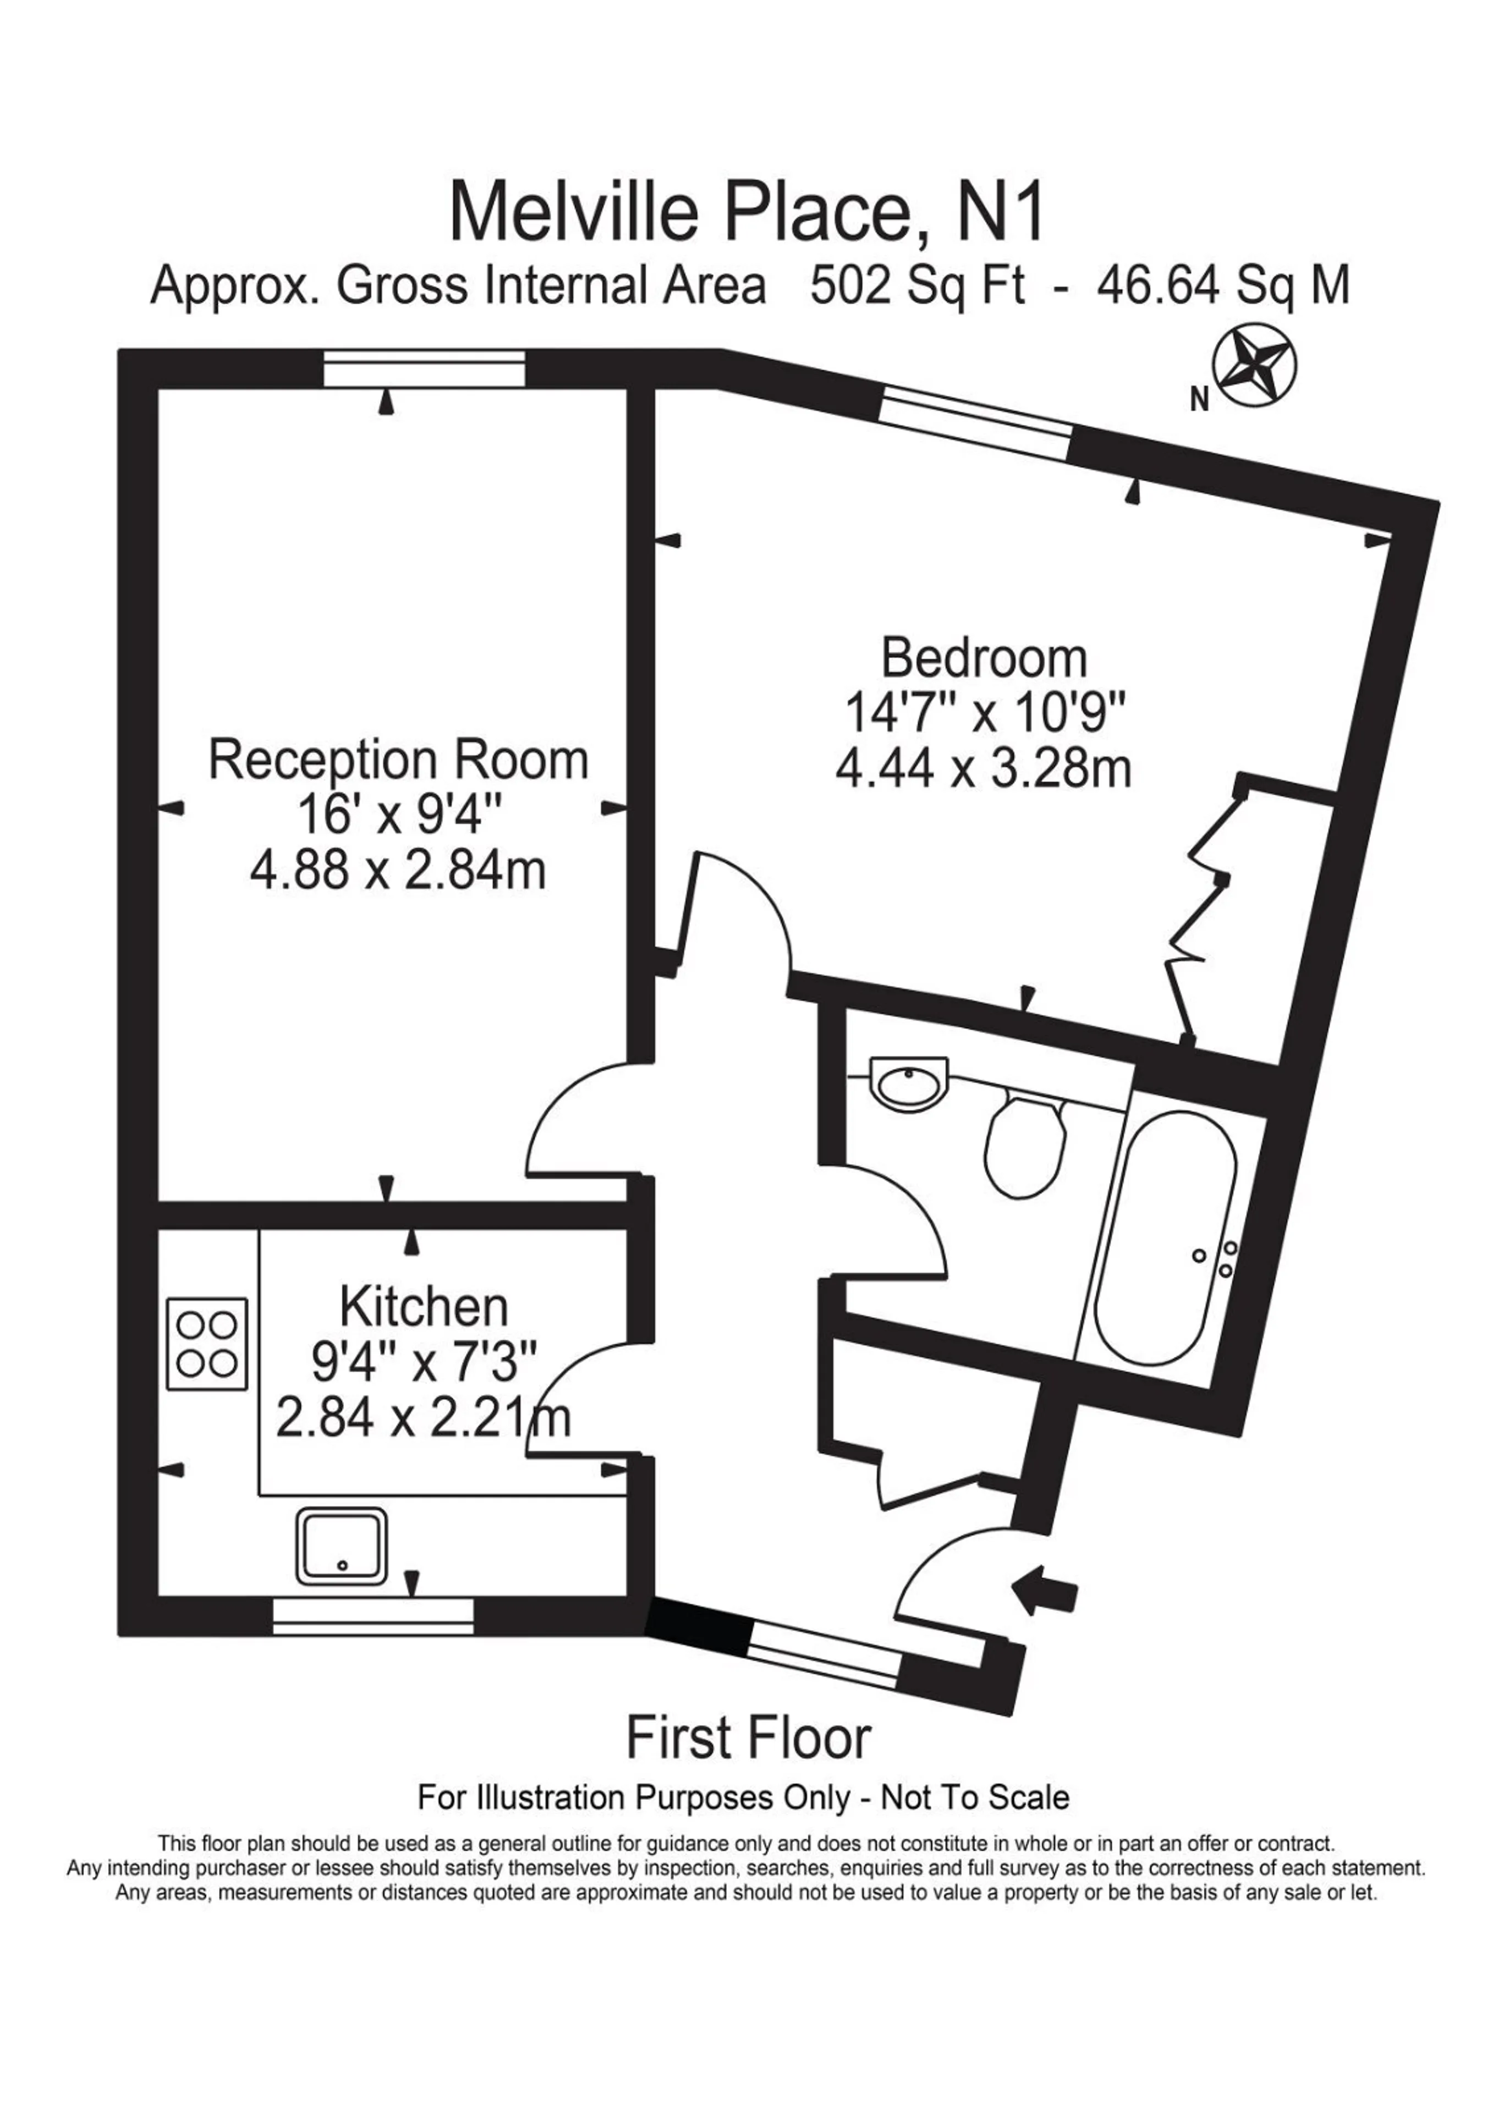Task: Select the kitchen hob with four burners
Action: pos(207,1345)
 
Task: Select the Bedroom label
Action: pos(984,658)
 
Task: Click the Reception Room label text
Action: pos(398,762)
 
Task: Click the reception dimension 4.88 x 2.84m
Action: pos(398,869)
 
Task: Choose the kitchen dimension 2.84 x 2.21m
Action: pos(423,1417)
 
